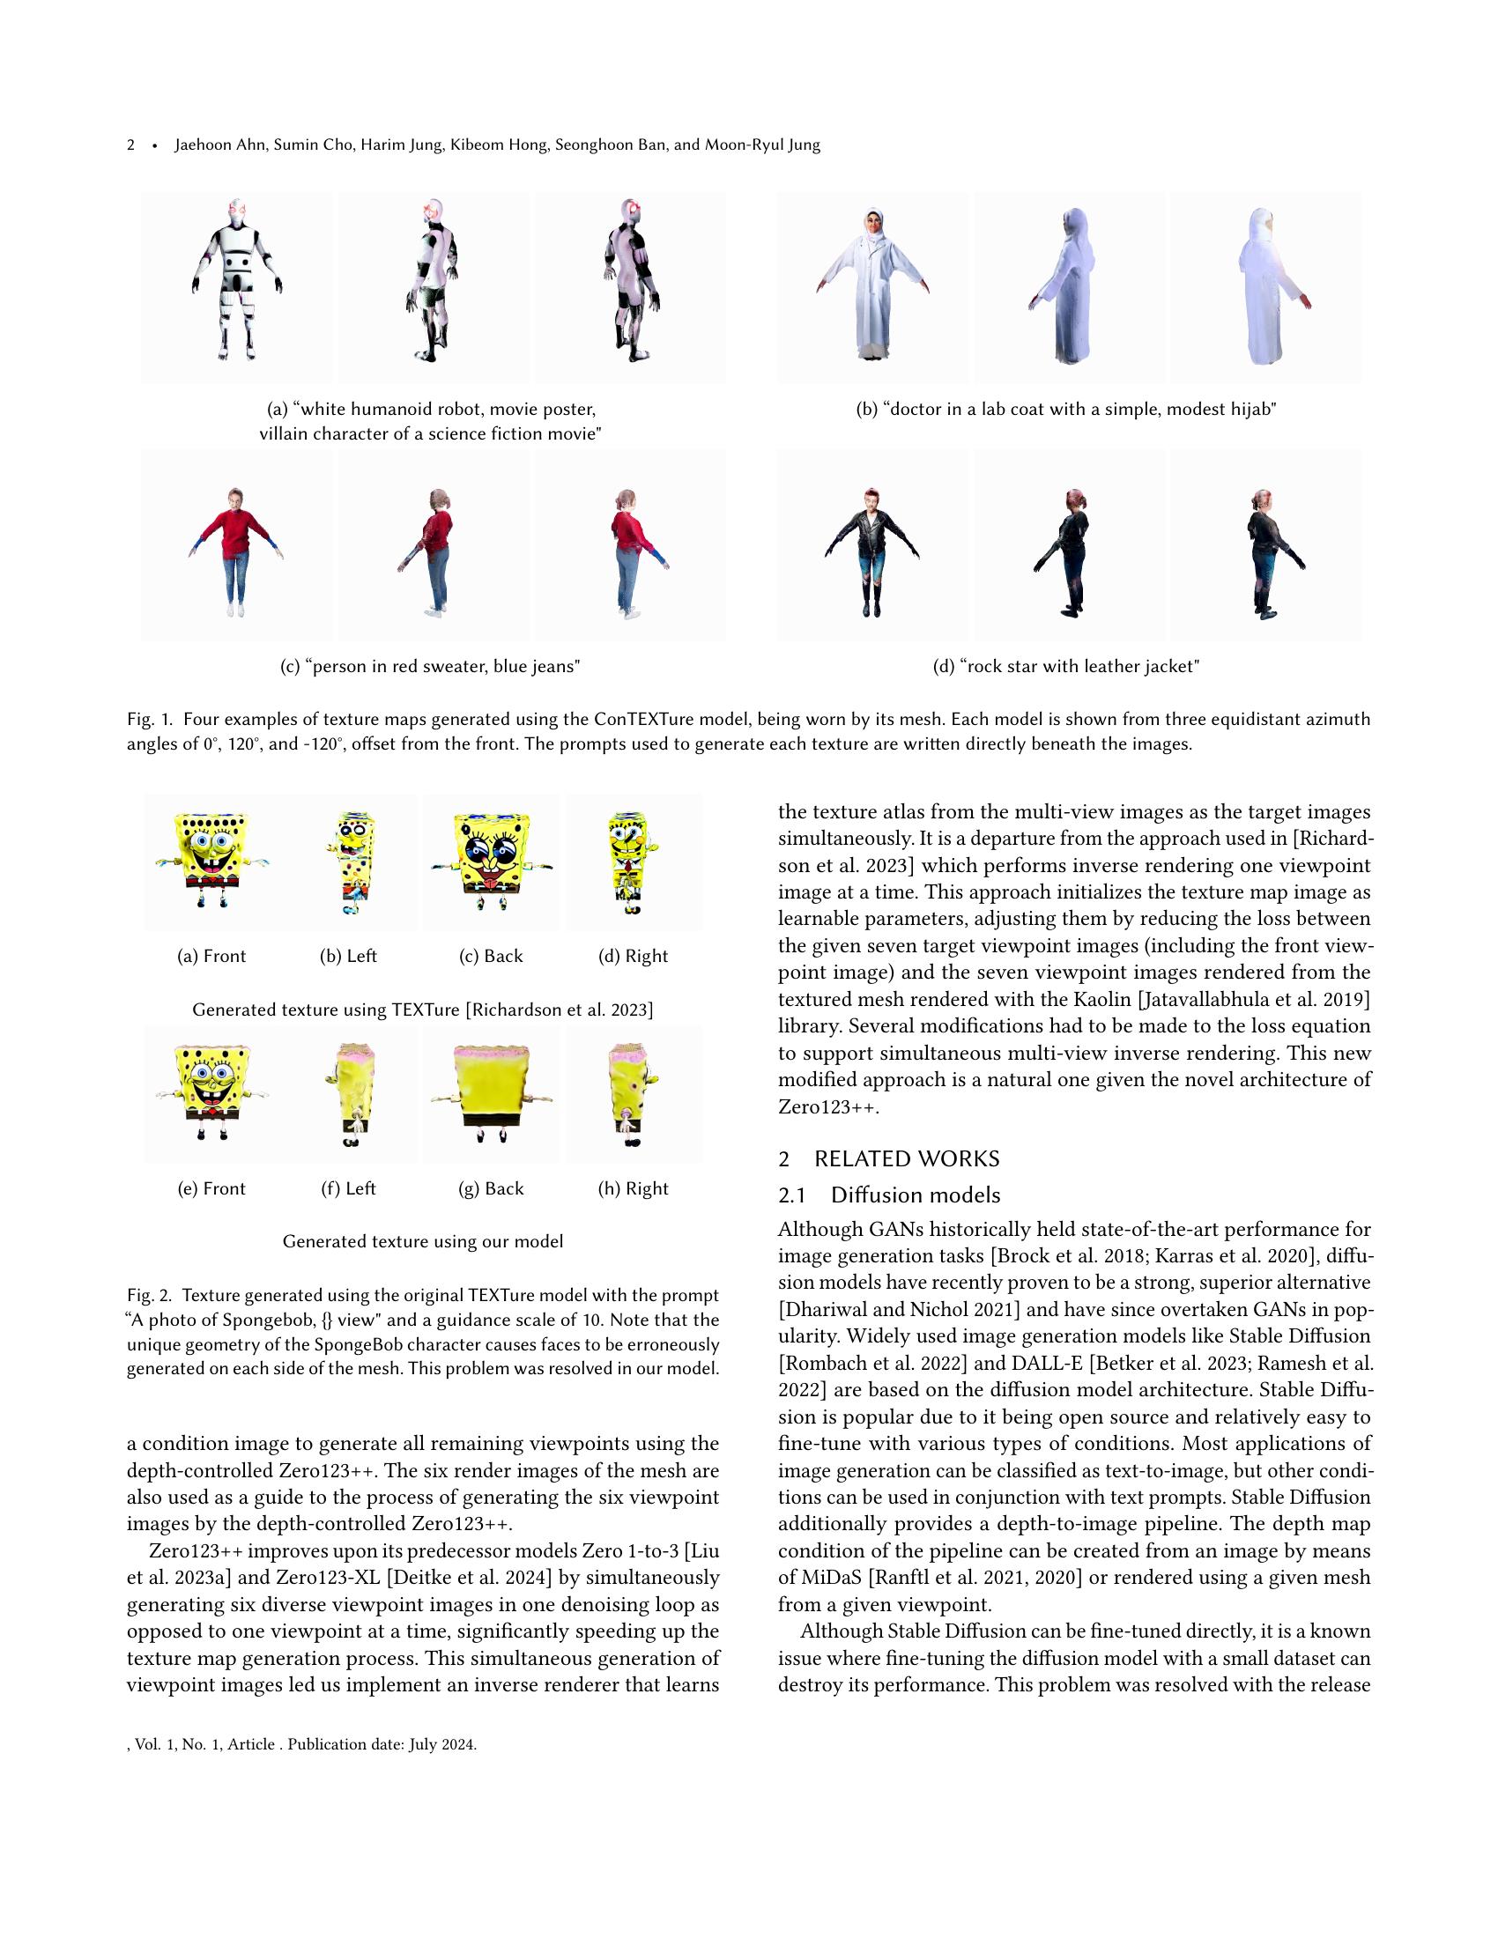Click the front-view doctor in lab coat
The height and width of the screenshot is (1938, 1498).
click(872, 285)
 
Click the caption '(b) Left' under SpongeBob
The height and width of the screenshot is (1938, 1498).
click(348, 956)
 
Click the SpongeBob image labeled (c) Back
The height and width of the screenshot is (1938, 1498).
click(491, 862)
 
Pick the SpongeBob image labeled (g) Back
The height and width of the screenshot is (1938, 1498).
click(491, 1095)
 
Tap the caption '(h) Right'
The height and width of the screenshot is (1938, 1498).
click(633, 1188)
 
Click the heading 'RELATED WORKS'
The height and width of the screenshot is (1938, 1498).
click(906, 1159)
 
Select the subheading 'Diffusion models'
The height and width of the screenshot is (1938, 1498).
click(915, 1195)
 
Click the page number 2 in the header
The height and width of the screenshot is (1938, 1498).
click(131, 144)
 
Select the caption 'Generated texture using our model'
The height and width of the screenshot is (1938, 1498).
click(422, 1241)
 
